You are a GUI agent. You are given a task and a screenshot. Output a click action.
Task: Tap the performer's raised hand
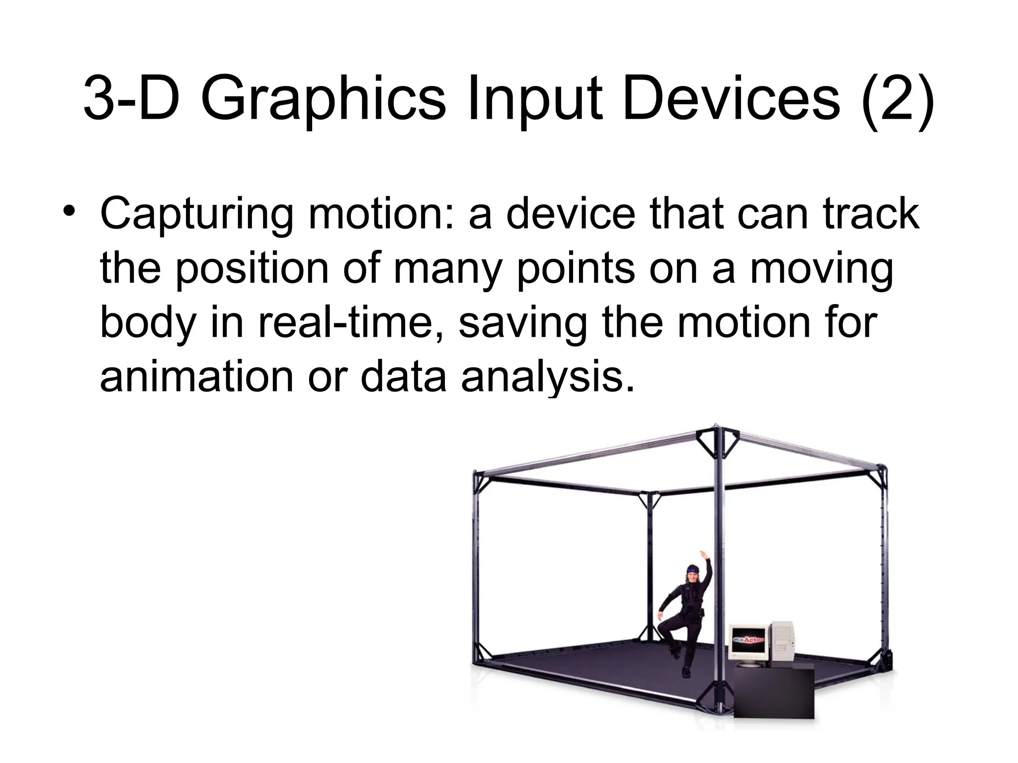pos(703,552)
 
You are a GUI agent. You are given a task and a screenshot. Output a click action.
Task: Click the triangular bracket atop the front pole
pos(716,440)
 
